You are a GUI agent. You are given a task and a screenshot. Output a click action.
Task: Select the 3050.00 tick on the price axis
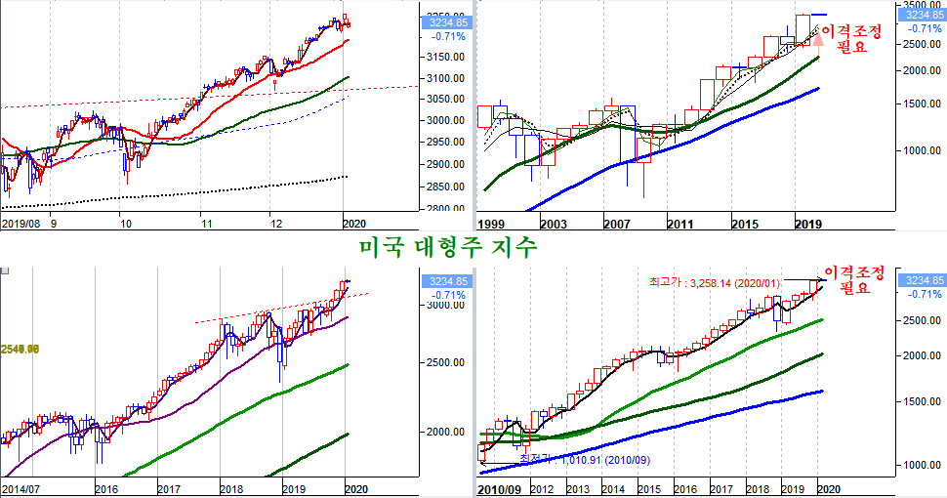443,100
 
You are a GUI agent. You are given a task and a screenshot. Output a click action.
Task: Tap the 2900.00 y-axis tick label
443,164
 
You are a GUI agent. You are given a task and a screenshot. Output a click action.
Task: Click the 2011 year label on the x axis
680,224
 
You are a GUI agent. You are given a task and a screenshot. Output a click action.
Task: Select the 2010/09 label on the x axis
498,487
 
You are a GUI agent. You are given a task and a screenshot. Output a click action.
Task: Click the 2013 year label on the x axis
579,487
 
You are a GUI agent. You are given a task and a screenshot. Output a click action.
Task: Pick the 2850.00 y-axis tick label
443,185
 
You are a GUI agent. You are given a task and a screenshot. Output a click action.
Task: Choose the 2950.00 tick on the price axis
443,143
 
